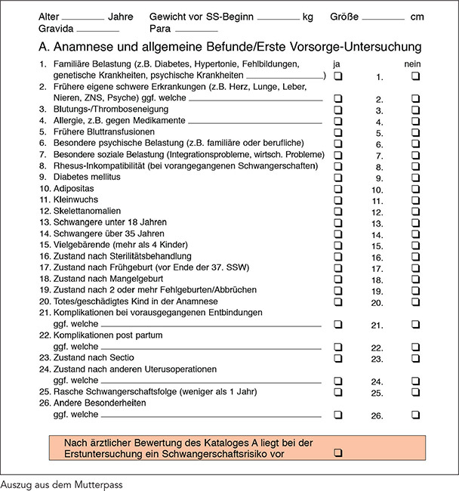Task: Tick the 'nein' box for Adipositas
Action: (x=415, y=190)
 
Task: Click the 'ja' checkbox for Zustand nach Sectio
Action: (x=338, y=358)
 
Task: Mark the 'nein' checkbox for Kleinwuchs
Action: (x=415, y=201)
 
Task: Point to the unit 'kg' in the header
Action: (x=308, y=16)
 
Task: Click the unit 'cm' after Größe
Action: (x=417, y=16)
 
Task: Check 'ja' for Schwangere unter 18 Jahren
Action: (x=338, y=224)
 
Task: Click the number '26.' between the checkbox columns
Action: (x=377, y=415)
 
